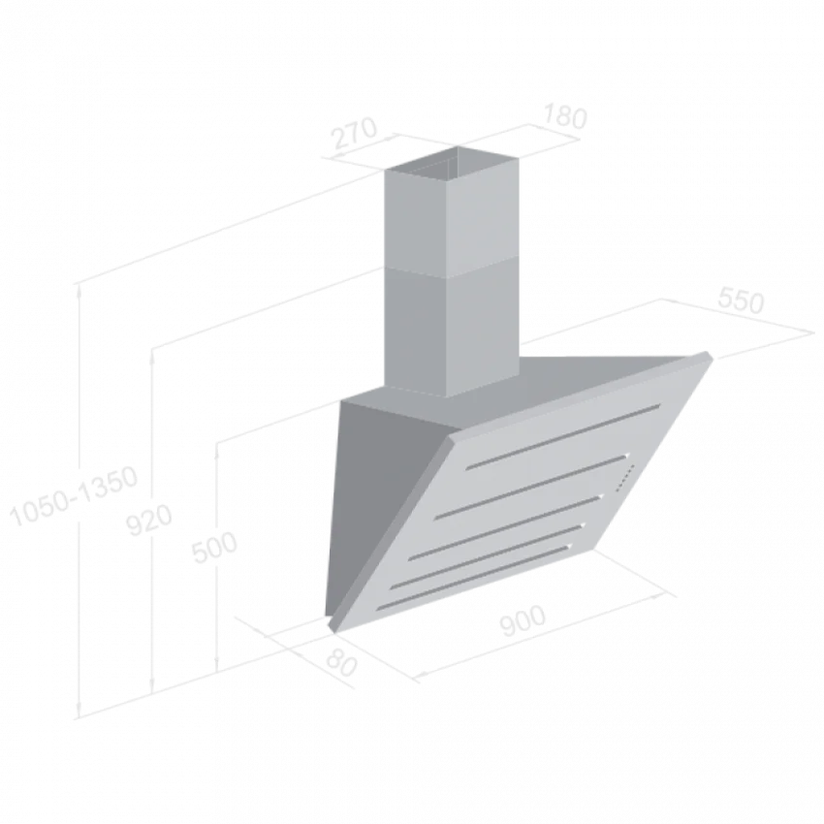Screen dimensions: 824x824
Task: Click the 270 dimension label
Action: [355, 133]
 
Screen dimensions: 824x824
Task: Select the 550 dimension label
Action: [740, 301]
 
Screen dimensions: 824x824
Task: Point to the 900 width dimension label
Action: [523, 620]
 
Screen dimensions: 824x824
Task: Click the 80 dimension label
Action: [341, 663]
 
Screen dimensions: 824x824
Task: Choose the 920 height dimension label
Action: [149, 521]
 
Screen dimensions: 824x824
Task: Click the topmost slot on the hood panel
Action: [563, 436]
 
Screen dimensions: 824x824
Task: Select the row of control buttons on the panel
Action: [625, 478]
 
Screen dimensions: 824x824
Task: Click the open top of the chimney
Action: [452, 164]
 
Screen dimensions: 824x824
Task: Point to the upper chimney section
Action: [452, 221]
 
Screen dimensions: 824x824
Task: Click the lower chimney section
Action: [452, 332]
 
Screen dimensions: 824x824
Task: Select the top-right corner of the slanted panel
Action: [709, 353]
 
